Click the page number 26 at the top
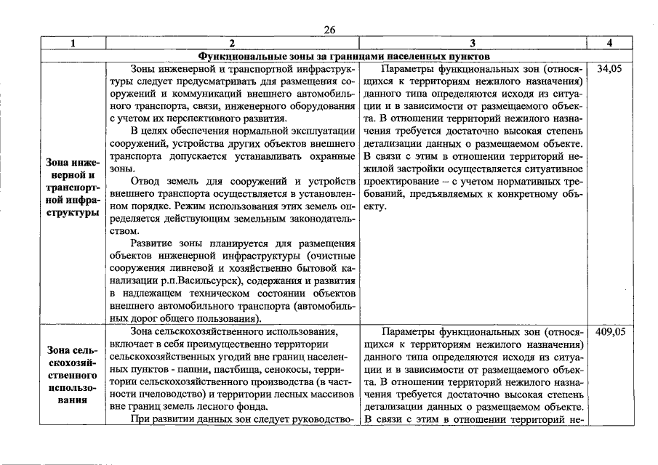point(329,29)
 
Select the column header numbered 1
point(73,43)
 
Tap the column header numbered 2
point(232,43)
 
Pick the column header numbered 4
point(609,43)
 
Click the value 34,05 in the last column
point(609,69)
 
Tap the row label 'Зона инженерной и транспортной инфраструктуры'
point(73,187)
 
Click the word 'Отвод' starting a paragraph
point(148,180)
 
